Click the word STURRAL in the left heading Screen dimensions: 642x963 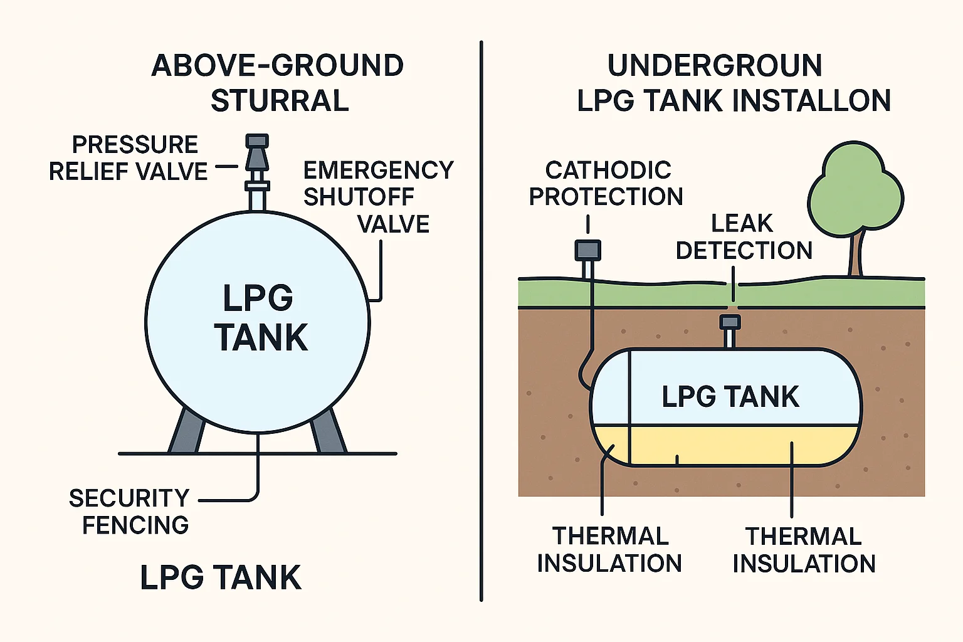tap(280, 101)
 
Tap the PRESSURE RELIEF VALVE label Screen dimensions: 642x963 tap(129, 158)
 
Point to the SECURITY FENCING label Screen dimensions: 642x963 tap(130, 512)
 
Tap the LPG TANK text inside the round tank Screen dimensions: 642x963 tap(260, 318)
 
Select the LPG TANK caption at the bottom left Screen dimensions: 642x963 tap(221, 577)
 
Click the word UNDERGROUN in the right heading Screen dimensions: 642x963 tap(715, 66)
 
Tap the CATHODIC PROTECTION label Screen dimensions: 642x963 tap(606, 183)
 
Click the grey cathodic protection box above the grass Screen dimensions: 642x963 tap(588, 250)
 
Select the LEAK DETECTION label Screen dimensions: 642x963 tap(744, 237)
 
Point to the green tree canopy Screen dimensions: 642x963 tap(855, 191)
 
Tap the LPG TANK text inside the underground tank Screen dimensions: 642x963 tap(730, 397)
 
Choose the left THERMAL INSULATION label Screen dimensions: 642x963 tap(609, 550)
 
